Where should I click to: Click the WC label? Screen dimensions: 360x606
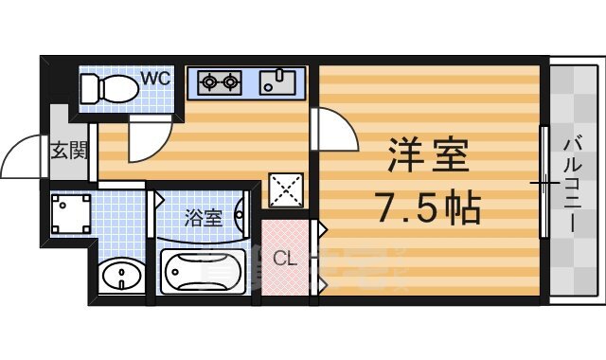(156, 79)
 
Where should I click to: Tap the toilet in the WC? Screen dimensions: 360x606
(105, 89)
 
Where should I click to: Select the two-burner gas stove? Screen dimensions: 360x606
(220, 83)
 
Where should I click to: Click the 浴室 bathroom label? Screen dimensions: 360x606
(203, 218)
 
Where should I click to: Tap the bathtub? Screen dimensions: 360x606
(204, 272)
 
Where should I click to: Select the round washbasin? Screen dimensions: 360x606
(120, 278)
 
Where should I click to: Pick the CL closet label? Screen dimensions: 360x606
(284, 257)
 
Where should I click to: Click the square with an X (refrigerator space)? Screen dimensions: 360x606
(286, 189)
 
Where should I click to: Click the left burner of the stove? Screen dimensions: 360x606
(208, 83)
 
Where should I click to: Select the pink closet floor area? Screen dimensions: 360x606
(284, 270)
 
